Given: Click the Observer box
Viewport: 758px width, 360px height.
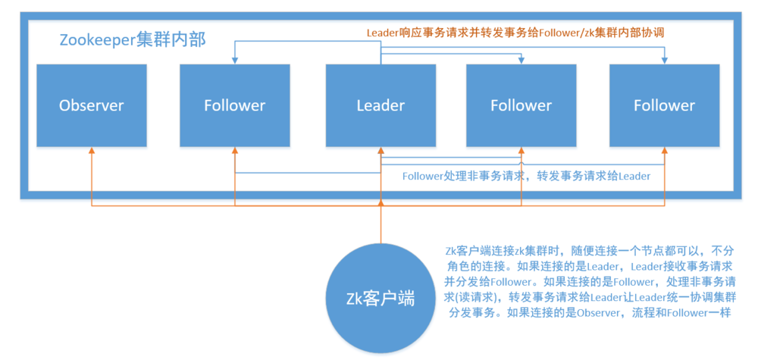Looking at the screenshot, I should pos(91,105).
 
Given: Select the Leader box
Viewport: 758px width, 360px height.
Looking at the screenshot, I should pos(381,105).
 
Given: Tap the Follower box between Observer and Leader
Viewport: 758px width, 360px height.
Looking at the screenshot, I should pos(235,105).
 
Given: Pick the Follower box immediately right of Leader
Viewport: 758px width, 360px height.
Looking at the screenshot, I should pos(521,105).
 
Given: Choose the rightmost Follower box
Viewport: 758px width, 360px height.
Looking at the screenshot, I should pos(664,105).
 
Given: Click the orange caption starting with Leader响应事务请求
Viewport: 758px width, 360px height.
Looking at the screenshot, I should pos(515,33).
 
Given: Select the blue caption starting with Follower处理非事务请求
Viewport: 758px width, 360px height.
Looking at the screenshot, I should pos(526,176).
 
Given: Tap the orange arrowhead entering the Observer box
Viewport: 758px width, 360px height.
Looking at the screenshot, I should pos(91,150).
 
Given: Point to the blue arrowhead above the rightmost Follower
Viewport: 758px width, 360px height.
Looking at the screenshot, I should pos(664,61).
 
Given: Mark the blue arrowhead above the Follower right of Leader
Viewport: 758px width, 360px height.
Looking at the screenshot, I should pos(521,61).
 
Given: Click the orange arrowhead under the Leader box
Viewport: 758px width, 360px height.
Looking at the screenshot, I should pos(381,150).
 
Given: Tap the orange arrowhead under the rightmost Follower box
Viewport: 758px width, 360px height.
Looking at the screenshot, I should pos(664,150).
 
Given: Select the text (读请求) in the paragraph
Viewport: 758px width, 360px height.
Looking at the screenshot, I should pos(465,296).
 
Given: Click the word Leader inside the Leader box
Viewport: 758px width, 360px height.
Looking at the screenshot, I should pos(381,105).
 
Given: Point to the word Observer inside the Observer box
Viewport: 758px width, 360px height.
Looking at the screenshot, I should pos(91,105).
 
